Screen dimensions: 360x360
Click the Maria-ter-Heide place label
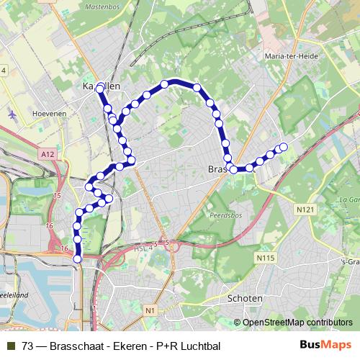click(x=284, y=55)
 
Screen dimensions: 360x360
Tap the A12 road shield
click(x=48, y=153)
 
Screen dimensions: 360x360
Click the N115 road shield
click(x=265, y=256)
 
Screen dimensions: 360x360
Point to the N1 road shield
click(x=149, y=310)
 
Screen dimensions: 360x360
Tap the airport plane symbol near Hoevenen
click(x=14, y=114)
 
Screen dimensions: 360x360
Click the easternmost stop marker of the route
click(x=284, y=147)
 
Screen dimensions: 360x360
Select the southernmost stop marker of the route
click(x=78, y=259)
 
